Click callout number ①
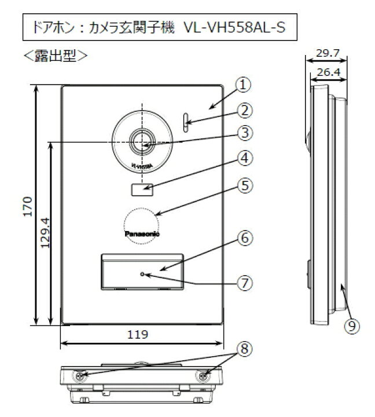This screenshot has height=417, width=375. tap(244, 85)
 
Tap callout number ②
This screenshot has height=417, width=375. tap(244, 109)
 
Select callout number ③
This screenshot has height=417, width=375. tap(244, 133)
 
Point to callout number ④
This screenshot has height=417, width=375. tap(244, 158)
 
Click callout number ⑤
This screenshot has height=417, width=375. tap(244, 185)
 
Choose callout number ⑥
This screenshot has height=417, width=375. tap(244, 237)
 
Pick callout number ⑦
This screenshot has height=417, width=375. tap(244, 283)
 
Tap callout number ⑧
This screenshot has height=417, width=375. tap(244, 349)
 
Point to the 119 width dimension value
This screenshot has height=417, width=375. tap(141, 335)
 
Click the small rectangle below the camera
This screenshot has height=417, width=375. tap(141, 188)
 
